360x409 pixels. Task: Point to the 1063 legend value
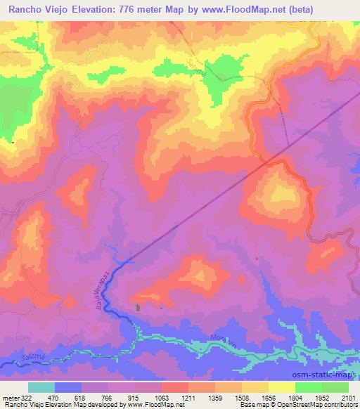[x=161, y=397]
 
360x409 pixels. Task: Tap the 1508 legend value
[x=241, y=397]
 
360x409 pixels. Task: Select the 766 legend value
[x=108, y=397]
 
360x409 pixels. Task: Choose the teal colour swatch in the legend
[x=41, y=387]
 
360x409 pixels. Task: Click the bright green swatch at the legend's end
[x=335, y=387]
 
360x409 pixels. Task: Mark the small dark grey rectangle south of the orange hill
[x=137, y=308]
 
